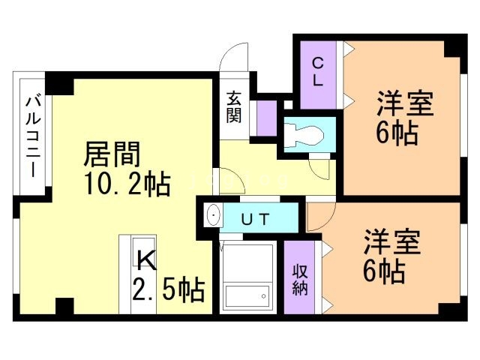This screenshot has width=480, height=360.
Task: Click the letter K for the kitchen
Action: click(x=145, y=261)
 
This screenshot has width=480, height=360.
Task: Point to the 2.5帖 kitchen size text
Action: click(x=169, y=289)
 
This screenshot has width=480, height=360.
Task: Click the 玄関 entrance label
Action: click(x=234, y=106)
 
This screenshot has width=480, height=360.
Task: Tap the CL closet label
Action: click(x=318, y=73)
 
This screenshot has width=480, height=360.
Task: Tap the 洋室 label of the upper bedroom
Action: click(x=406, y=103)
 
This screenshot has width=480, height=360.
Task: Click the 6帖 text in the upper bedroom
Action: click(x=397, y=134)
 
